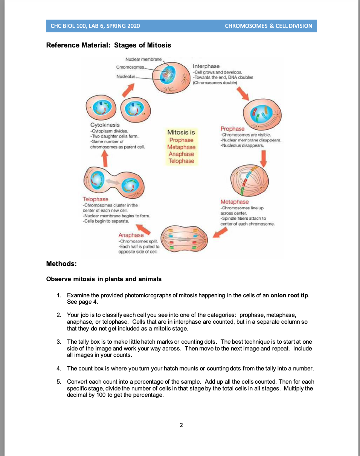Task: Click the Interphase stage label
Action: coord(206,66)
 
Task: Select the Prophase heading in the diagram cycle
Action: coord(232,129)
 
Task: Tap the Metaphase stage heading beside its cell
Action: coord(235,202)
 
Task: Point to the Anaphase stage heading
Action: coord(131,235)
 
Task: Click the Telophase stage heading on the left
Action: coord(95,199)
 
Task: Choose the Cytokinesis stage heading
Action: coord(105,125)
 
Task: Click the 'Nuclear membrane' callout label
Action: coord(143,60)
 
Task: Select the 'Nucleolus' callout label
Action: coord(126,76)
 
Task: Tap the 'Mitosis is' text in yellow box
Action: coord(181,132)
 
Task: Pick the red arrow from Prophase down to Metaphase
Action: coord(264,158)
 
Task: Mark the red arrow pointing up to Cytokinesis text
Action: coord(106,157)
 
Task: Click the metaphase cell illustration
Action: coord(250,181)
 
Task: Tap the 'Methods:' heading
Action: coord(61,264)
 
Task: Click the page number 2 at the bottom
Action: coord(181,425)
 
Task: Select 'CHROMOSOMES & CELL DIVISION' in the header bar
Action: coord(268,26)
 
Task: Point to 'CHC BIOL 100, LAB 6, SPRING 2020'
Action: coord(95,26)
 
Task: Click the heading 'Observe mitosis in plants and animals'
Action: coord(104,279)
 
